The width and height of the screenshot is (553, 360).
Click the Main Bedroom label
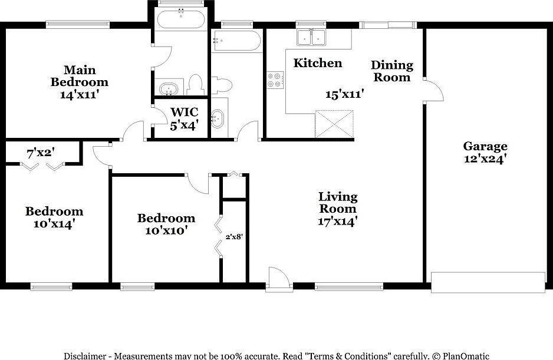(79, 76)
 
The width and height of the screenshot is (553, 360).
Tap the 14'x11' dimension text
(79, 94)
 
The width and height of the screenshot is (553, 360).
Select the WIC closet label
(184, 112)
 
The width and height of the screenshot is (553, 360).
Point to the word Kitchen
(318, 63)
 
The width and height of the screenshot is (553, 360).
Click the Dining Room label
(392, 71)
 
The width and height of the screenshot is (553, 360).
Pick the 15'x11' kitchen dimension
(345, 94)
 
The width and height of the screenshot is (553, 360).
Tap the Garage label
(485, 146)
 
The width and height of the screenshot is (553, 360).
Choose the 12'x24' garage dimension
(485, 158)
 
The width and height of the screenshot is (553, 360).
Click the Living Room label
(338, 202)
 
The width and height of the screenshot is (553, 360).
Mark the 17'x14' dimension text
(338, 221)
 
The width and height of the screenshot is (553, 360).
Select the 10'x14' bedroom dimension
(54, 224)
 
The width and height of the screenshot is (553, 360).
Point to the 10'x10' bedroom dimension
(166, 230)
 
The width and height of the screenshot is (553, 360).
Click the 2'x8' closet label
(234, 237)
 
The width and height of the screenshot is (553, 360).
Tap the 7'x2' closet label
(41, 153)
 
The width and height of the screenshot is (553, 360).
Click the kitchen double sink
(312, 37)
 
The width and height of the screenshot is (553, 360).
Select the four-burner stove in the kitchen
(275, 80)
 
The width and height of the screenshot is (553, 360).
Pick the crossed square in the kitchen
(334, 124)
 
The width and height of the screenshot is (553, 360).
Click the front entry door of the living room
(278, 278)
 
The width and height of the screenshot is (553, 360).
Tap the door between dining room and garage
(432, 91)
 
